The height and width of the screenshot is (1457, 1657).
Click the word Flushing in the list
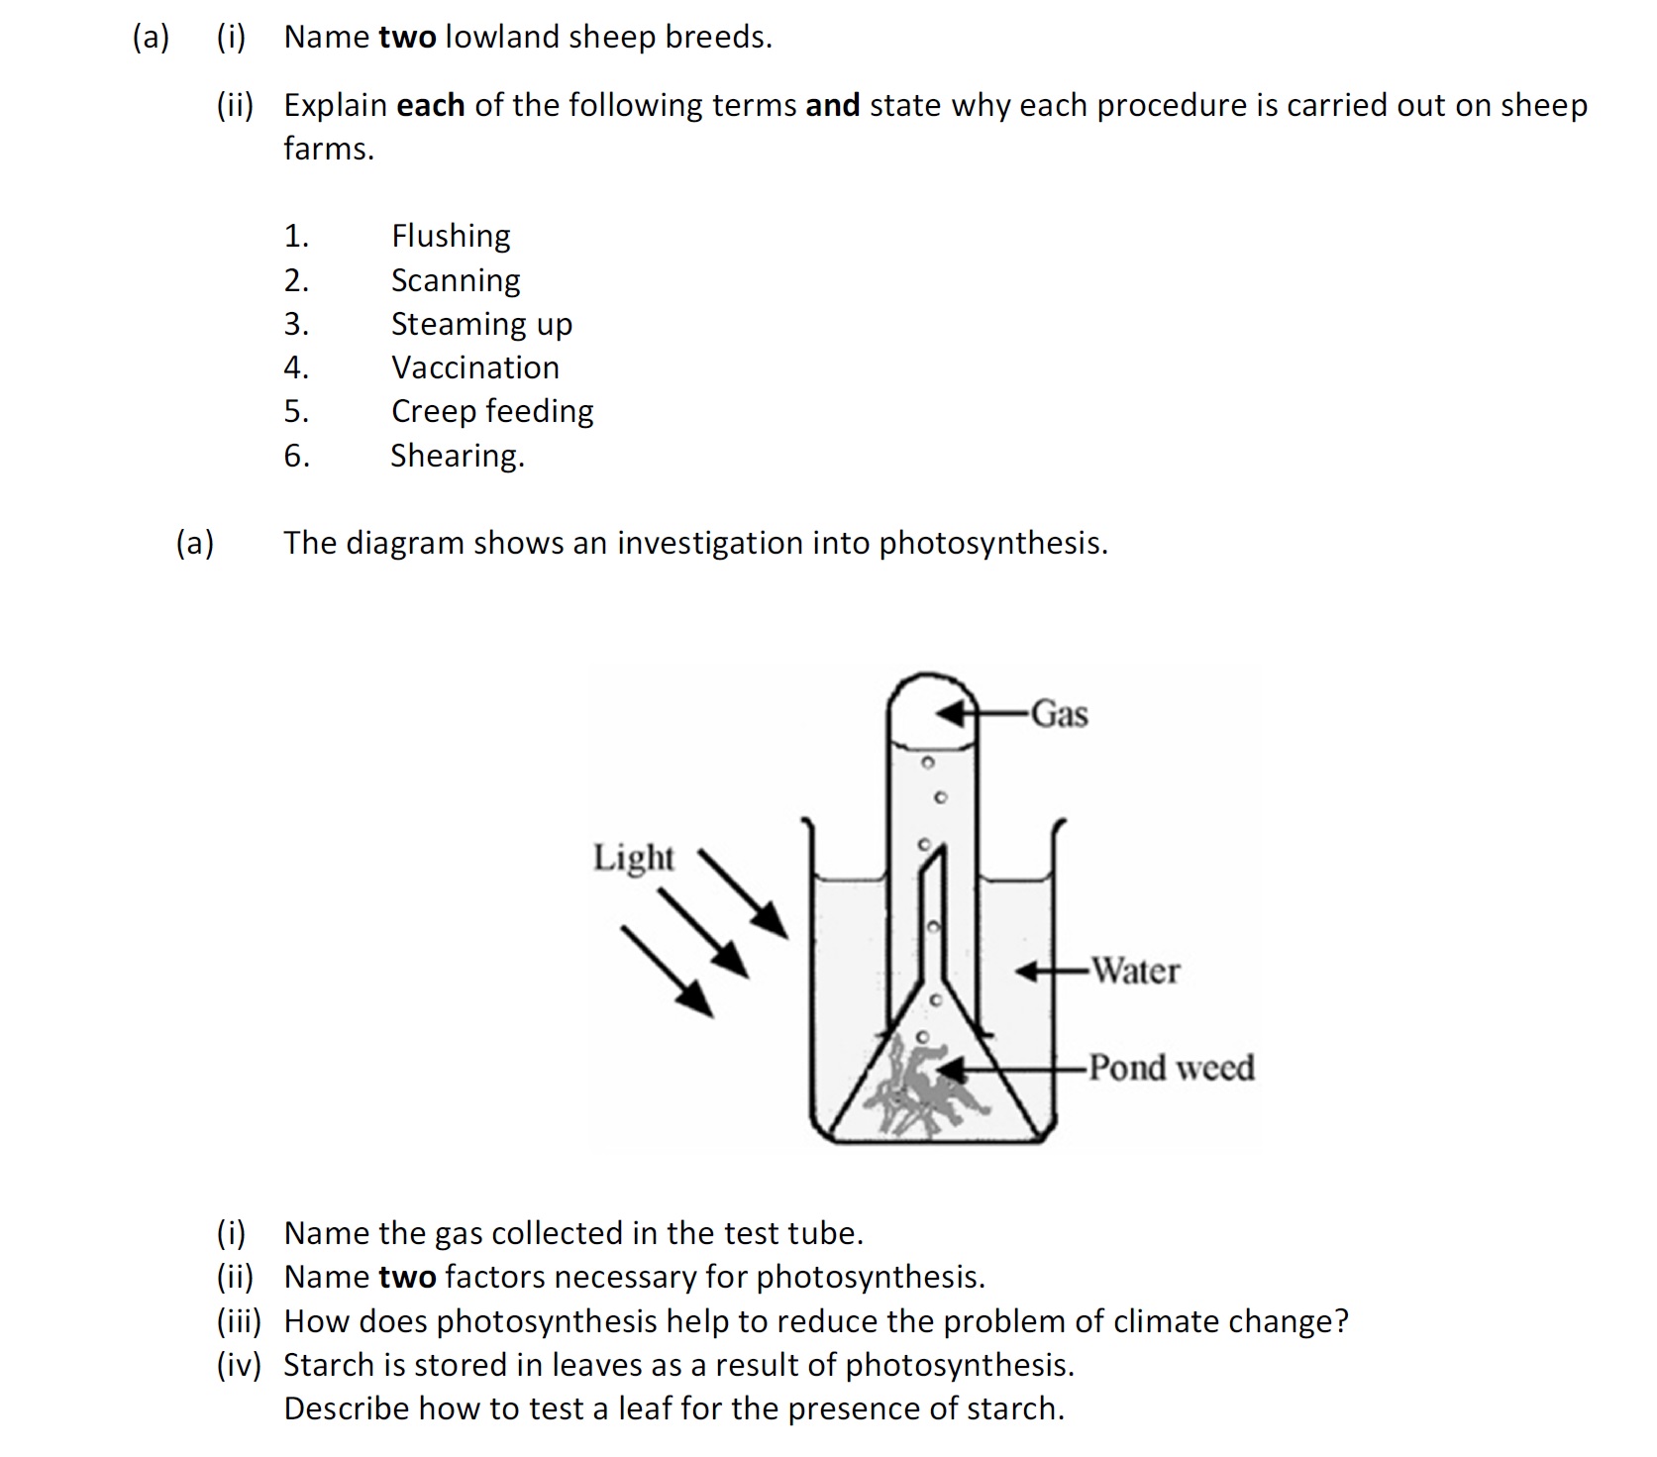click(451, 236)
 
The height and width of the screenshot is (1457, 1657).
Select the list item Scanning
click(455, 280)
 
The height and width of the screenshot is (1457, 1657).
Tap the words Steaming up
click(481, 324)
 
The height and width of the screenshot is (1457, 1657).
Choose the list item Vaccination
click(474, 367)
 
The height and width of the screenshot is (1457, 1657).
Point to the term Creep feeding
click(492, 411)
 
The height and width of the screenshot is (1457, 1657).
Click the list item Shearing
click(457, 456)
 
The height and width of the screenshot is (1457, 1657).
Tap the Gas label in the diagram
click(1059, 714)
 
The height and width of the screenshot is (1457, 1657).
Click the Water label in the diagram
click(1135, 971)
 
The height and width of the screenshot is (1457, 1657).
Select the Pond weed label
click(1171, 1068)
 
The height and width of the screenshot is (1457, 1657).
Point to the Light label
click(633, 857)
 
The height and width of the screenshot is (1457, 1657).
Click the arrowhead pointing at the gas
click(952, 713)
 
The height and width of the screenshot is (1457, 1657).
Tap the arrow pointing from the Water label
click(1052, 972)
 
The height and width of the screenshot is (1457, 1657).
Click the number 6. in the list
click(296, 456)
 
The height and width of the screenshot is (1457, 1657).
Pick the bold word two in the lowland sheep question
click(407, 38)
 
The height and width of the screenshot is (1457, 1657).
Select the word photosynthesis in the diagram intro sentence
click(991, 543)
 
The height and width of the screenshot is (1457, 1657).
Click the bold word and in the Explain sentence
click(832, 105)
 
